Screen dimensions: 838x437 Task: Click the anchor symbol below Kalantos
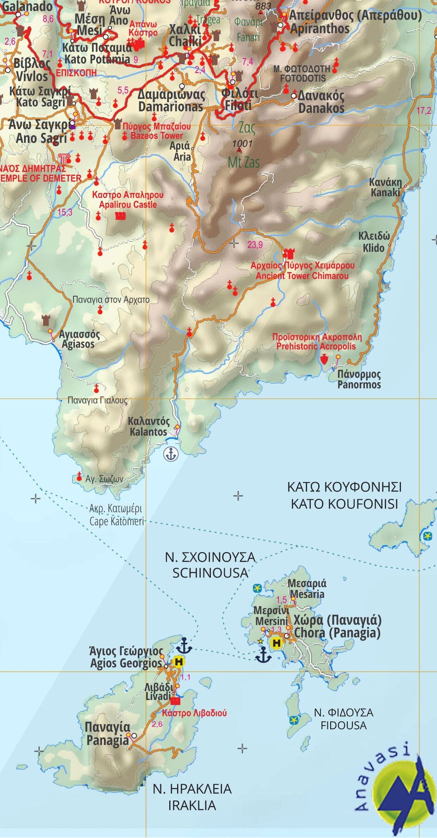171,454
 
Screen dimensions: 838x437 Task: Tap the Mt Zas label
244,162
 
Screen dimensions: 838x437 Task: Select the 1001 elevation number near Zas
242,143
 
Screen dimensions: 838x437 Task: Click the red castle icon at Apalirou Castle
120,216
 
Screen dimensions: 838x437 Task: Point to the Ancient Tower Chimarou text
302,276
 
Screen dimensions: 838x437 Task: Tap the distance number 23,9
255,245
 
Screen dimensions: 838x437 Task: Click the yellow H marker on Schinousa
277,643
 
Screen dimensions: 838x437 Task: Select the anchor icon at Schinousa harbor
264,655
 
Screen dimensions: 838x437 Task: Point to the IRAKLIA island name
192,806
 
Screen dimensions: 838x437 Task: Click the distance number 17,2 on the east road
424,111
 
